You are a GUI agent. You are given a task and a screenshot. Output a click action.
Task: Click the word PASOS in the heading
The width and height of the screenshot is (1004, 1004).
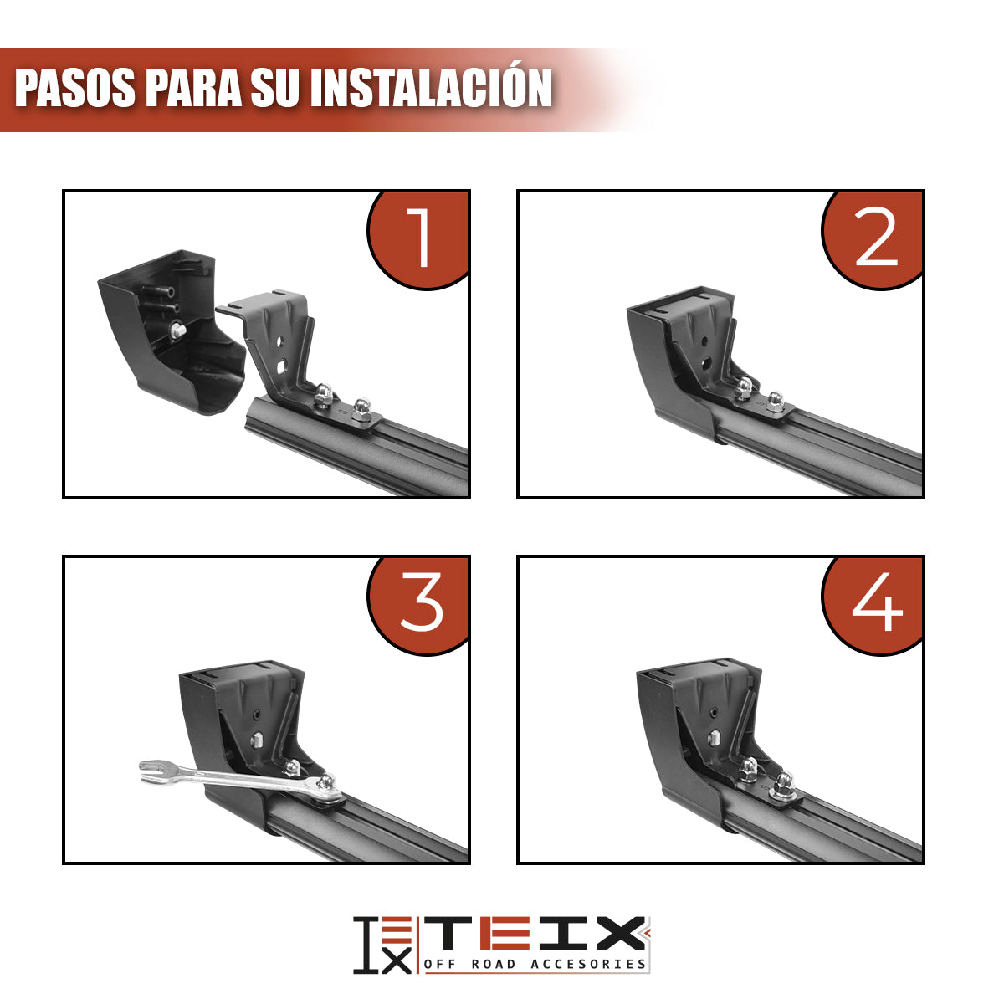click(x=75, y=88)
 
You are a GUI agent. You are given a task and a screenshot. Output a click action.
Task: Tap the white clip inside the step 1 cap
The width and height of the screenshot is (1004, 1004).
click(x=177, y=331)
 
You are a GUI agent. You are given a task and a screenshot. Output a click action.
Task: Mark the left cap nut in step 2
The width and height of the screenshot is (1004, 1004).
click(x=743, y=386)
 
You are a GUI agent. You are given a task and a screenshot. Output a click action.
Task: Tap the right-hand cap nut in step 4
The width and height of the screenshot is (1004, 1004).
click(x=784, y=782)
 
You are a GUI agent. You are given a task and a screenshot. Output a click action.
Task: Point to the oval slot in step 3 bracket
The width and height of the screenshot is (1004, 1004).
click(x=260, y=740)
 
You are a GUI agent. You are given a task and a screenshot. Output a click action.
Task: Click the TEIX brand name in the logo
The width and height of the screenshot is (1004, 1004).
click(x=535, y=933)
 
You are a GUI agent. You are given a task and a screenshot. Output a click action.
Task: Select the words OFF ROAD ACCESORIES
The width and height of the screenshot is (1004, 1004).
click(x=535, y=964)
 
